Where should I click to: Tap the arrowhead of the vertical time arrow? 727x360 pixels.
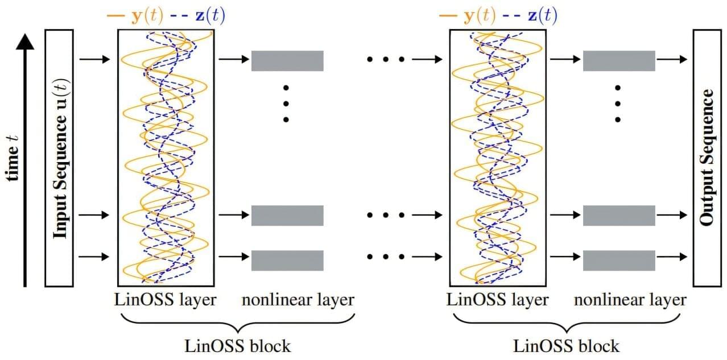tap(25, 41)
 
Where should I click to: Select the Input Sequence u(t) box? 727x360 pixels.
tap(59, 158)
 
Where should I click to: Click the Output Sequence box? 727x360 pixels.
tap(707, 158)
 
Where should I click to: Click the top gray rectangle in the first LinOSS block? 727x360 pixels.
tap(287, 61)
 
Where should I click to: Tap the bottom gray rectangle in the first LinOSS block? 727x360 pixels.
tap(287, 260)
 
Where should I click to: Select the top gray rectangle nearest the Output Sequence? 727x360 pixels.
tap(619, 61)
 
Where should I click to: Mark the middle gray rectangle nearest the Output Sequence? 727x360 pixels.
tap(619, 216)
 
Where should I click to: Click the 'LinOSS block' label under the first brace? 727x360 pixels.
tap(238, 345)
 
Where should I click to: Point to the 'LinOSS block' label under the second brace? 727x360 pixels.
tap(567, 345)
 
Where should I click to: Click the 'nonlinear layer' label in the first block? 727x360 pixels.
tap(298, 300)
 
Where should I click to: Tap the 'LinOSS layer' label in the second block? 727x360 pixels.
tap(498, 300)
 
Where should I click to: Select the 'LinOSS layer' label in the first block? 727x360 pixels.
tap(166, 300)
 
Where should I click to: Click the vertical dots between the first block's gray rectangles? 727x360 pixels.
tap(286, 104)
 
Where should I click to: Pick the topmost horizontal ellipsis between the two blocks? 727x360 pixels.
tap(386, 59)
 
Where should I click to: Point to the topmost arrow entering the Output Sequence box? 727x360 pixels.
tap(674, 59)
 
